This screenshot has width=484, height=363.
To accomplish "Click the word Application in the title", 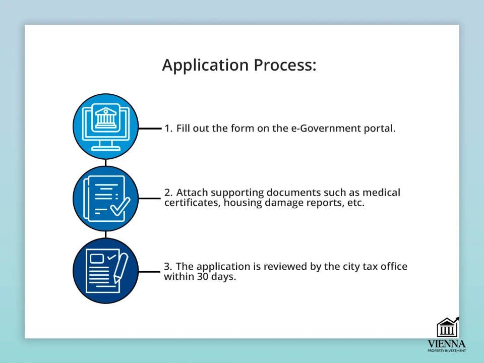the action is pyautogui.click(x=205, y=66).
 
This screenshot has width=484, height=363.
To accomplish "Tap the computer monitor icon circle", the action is pyautogui.click(x=105, y=127).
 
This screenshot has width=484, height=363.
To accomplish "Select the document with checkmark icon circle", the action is pyautogui.click(x=105, y=199).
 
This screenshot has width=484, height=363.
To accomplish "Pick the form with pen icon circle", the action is pyautogui.click(x=105, y=271).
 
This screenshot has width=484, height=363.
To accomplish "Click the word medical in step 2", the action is pyautogui.click(x=381, y=192).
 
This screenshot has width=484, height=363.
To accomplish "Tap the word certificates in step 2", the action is pyautogui.click(x=192, y=203).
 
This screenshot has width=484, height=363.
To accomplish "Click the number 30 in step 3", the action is pyautogui.click(x=203, y=276).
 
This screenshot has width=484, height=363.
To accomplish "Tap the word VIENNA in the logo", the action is pyautogui.click(x=446, y=344).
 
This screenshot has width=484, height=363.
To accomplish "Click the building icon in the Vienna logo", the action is pyautogui.click(x=448, y=327).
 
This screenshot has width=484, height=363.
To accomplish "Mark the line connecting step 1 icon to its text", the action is pyautogui.click(x=150, y=128).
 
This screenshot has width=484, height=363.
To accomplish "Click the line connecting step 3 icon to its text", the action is pyautogui.click(x=149, y=272).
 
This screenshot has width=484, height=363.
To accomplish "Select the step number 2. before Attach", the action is pyautogui.click(x=168, y=192).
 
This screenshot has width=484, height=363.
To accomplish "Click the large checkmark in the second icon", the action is pyautogui.click(x=120, y=206).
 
